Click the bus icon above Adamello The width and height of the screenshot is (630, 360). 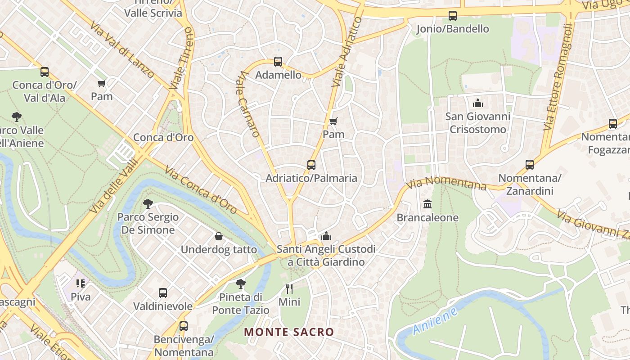(278, 62)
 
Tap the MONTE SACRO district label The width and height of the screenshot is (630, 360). (289, 332)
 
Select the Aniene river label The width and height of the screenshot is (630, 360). (435, 321)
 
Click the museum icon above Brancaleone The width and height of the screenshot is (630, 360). (427, 204)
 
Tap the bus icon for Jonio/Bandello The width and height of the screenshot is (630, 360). (453, 16)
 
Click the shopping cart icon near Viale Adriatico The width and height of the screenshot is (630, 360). (333, 121)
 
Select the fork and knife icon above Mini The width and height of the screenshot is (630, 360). (289, 288)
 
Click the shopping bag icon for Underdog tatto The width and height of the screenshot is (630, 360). (219, 236)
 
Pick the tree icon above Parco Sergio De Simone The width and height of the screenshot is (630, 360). (148, 204)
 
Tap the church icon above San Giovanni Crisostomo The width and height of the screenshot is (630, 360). (478, 103)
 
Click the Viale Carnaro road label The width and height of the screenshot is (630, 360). (248, 104)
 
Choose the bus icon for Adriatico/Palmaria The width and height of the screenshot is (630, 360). (311, 165)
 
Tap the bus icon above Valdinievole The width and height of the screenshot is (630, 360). (163, 293)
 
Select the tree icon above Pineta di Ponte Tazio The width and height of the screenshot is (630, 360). (241, 284)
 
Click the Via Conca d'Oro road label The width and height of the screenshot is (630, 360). (201, 190)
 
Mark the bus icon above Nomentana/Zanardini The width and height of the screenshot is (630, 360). (530, 165)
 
